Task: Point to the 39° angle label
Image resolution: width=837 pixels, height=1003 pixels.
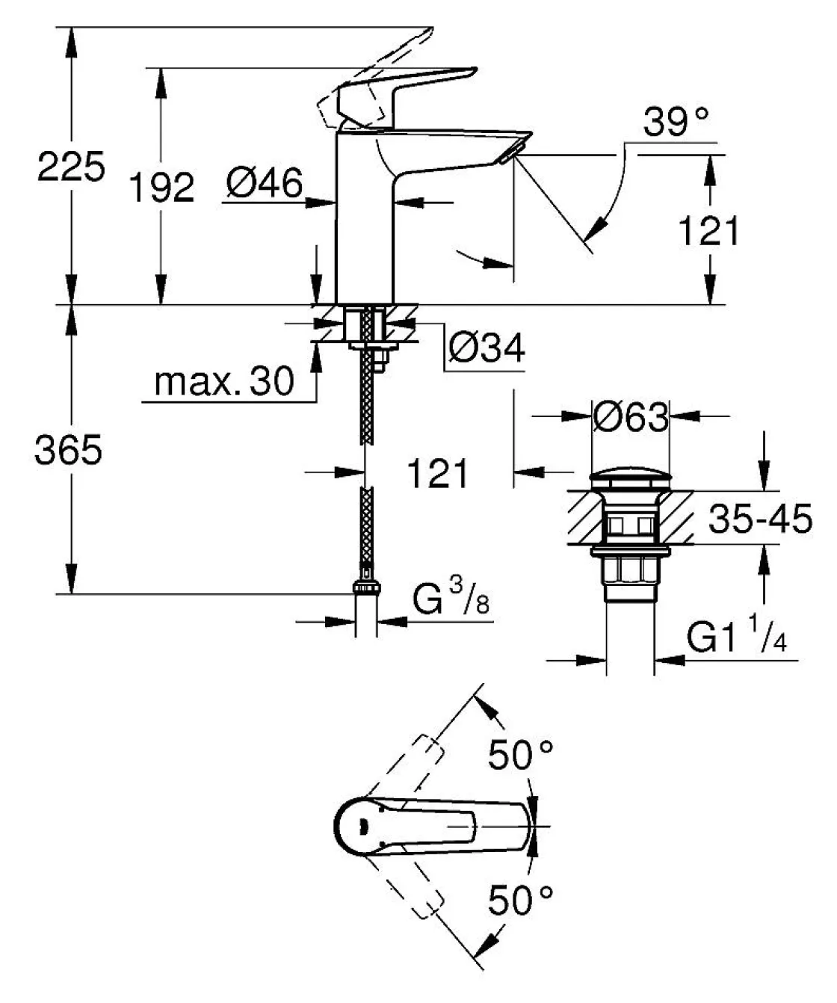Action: [676, 122]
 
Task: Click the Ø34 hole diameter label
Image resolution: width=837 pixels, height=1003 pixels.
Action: [488, 349]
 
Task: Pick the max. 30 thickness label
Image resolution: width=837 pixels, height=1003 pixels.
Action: [223, 382]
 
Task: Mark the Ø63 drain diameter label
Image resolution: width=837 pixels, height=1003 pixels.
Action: [631, 418]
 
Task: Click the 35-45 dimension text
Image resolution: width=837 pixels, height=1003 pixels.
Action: [759, 519]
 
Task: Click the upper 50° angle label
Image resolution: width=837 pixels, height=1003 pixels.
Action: [521, 756]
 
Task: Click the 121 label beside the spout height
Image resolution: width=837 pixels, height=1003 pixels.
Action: [707, 231]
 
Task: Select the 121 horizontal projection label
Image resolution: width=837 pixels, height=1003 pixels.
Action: [438, 474]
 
